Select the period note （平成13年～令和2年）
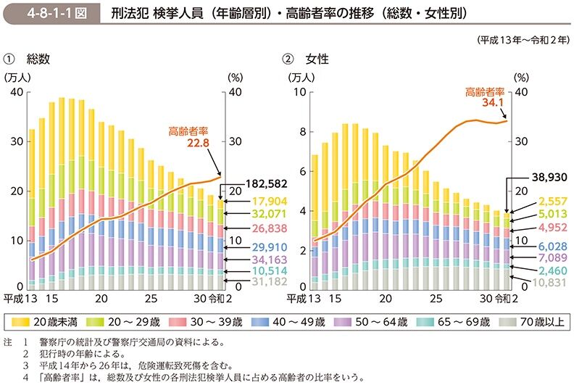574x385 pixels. (x=522, y=40)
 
